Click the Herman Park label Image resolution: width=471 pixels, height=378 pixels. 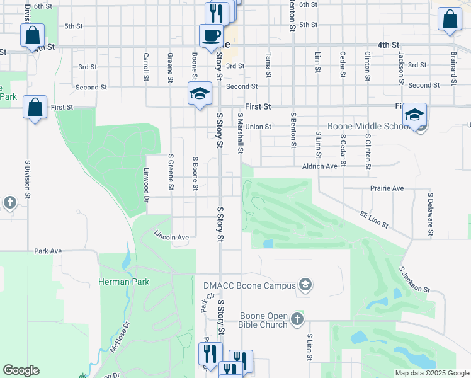[x=124, y=282]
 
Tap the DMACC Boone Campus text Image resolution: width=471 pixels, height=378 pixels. [x=249, y=285]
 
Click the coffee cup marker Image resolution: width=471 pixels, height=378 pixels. [x=211, y=35]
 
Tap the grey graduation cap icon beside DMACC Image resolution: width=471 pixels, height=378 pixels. [x=305, y=285]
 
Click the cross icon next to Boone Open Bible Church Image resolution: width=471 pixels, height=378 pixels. [x=298, y=320]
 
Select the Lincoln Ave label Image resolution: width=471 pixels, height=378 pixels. [x=172, y=236]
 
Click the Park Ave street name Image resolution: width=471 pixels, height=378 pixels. [x=48, y=251]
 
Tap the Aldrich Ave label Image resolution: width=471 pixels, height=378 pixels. [x=321, y=166]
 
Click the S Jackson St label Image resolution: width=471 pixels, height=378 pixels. [x=414, y=280]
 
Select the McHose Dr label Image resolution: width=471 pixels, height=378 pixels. [x=119, y=338]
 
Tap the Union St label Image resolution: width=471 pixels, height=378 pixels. [x=258, y=126]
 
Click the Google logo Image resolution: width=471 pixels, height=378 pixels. [x=21, y=370]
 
